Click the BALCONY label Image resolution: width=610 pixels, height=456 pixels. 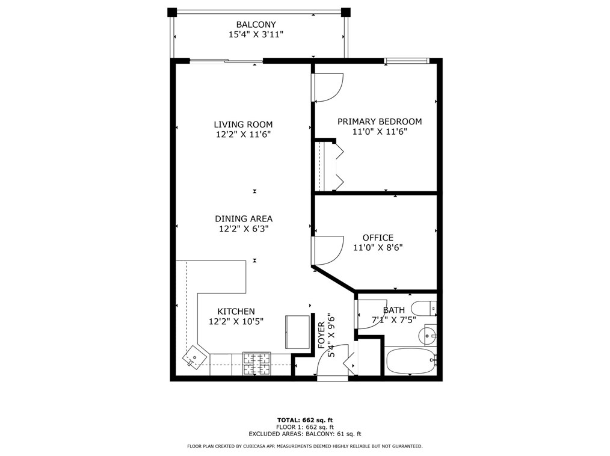pyautogui.click(x=256, y=25)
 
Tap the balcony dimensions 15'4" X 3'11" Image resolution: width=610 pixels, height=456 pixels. pyautogui.click(x=256, y=35)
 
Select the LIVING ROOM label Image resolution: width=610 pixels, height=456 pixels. pyautogui.click(x=243, y=125)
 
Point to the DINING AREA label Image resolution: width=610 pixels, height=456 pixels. pyautogui.click(x=244, y=219)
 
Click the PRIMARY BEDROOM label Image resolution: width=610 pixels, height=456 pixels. pyautogui.click(x=379, y=122)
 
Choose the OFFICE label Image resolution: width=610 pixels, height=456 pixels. pyautogui.click(x=378, y=238)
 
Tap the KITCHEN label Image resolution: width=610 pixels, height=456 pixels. pyautogui.click(x=236, y=312)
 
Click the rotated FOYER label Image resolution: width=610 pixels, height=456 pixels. pyautogui.click(x=321, y=335)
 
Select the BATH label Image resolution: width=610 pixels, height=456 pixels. pyautogui.click(x=393, y=310)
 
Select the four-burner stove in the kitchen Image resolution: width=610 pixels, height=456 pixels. pyautogui.click(x=257, y=363)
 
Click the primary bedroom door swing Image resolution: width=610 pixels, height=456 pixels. pyautogui.click(x=327, y=87)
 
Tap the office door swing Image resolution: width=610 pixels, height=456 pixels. pyautogui.click(x=327, y=250)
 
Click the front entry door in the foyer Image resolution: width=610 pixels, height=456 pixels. pyautogui.click(x=333, y=361)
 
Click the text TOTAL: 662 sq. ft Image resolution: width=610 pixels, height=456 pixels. pyautogui.click(x=304, y=420)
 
